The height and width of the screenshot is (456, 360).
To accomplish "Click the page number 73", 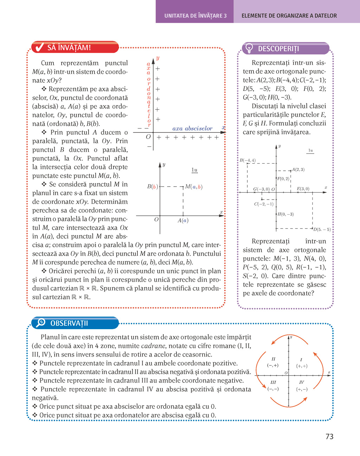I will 329,437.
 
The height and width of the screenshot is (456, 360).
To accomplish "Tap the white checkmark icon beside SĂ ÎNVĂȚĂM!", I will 39,47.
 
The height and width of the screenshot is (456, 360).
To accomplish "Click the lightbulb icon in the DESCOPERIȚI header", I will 249,48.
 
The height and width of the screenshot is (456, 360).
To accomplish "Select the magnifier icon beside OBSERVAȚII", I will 41,323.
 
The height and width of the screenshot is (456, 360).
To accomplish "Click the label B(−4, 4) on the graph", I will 247,160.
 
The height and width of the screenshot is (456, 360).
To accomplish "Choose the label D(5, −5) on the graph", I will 322,229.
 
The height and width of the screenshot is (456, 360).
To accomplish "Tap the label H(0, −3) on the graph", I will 285,214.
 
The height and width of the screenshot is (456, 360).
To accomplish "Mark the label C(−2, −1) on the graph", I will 264,204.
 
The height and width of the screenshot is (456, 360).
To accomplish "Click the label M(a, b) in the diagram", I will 194,187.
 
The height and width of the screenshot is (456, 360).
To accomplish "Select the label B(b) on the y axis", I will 152,187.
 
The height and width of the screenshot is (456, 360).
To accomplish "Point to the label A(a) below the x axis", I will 183,221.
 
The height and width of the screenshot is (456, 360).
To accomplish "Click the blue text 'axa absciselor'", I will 192,129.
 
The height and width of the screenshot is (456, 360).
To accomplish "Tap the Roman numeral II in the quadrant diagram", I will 273,359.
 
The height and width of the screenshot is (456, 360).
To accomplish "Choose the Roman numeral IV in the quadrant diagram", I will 301,382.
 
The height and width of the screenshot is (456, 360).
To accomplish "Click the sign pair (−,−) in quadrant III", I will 273,389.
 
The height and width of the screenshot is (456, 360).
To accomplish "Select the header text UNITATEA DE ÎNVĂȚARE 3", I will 195,16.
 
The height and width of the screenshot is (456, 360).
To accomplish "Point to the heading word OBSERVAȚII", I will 69,323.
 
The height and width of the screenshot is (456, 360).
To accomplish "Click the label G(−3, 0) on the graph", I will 261,189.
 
